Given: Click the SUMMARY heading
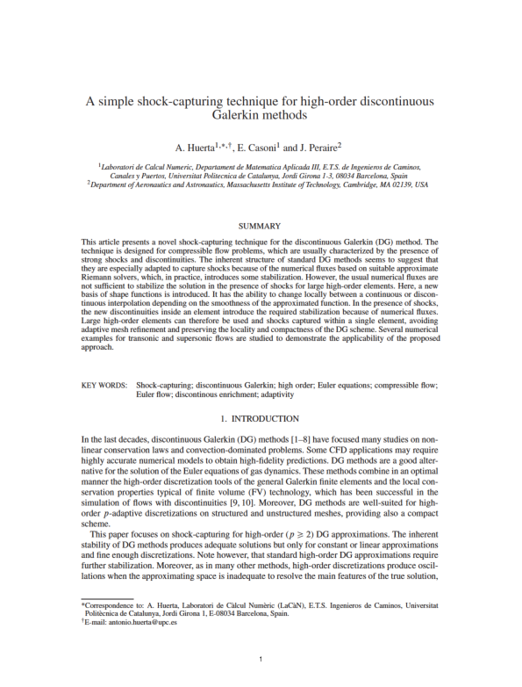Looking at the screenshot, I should point(261,226).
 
